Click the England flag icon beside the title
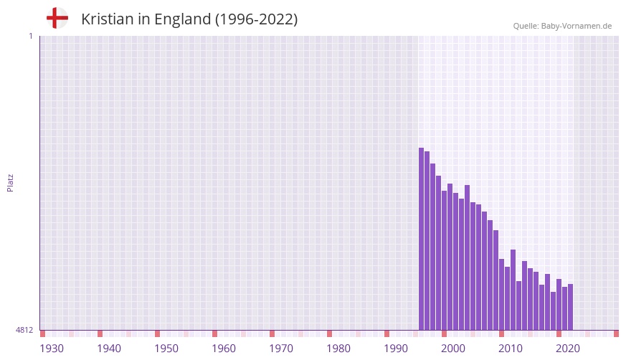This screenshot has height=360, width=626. tap(57, 18)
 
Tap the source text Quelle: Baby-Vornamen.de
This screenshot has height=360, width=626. tap(562, 26)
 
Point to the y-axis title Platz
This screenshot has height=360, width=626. tap(10, 182)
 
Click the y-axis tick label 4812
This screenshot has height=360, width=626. tap(24, 330)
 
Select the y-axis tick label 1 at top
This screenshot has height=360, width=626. tap(30, 36)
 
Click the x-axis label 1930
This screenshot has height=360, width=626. tap(52, 349)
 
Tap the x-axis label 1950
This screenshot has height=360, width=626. tap(166, 349)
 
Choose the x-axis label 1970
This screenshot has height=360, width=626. tap(281, 349)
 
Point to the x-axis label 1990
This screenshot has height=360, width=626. tap(396, 349)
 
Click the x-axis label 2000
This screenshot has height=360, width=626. tap(453, 349)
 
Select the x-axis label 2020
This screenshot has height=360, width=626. tap(568, 349)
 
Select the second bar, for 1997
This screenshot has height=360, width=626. tap(427, 240)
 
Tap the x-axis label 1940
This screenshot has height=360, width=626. tap(109, 349)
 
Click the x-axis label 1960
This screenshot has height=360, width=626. tap(224, 349)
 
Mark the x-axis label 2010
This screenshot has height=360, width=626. tap(511, 349)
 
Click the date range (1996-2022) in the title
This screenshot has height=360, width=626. tap(256, 19)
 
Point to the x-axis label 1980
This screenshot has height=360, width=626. tap(338, 349)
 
